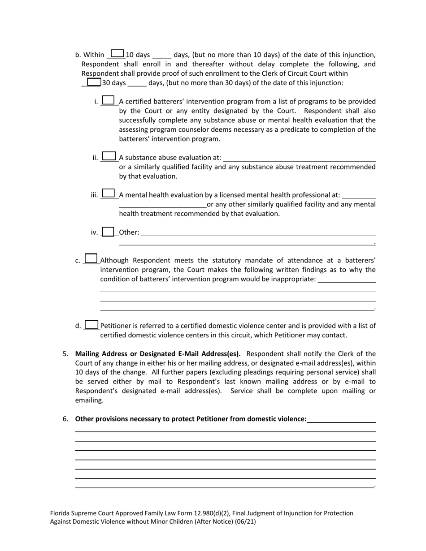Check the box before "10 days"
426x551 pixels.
point(117,54)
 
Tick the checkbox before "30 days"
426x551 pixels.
point(94,82)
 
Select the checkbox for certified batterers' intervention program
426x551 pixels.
point(109,100)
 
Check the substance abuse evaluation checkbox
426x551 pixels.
point(109,156)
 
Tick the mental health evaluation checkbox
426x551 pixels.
point(108,194)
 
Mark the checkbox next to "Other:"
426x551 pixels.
point(108,232)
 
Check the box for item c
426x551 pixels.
point(91,258)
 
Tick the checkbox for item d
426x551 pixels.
point(91,324)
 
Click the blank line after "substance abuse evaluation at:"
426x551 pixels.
point(299,158)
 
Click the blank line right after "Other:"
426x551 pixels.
point(258,233)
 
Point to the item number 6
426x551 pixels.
point(65,419)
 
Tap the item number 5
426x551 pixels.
point(65,354)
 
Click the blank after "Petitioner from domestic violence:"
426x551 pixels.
point(341,419)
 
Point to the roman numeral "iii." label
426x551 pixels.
point(94,195)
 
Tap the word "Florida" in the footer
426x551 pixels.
point(60,513)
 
